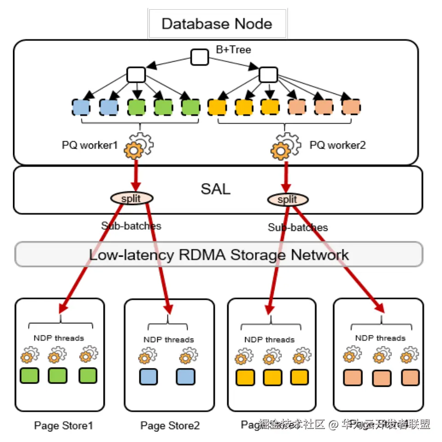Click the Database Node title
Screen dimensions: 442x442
(x=217, y=23)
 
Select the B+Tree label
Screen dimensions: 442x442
(x=234, y=50)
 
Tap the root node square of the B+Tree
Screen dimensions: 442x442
(x=200, y=57)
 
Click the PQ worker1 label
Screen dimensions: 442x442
(x=90, y=145)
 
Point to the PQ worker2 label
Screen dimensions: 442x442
(x=338, y=145)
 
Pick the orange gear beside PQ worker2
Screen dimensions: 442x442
(x=280, y=149)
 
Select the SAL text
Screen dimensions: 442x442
(x=215, y=189)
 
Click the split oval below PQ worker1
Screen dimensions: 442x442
(x=132, y=198)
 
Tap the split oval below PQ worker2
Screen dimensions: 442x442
(x=287, y=200)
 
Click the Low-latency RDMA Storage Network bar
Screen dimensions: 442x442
(x=218, y=254)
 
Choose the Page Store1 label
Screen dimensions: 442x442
(x=63, y=426)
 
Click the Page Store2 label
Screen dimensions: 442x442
(x=170, y=426)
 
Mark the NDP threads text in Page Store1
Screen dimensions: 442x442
(x=59, y=338)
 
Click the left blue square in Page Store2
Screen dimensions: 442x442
(x=148, y=377)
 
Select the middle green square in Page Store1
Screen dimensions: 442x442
(x=57, y=375)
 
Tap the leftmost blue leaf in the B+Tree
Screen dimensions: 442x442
(x=81, y=107)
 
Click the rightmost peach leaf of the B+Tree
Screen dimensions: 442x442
(x=351, y=107)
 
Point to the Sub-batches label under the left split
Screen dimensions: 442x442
(x=132, y=226)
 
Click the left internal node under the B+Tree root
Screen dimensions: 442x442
(x=136, y=75)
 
